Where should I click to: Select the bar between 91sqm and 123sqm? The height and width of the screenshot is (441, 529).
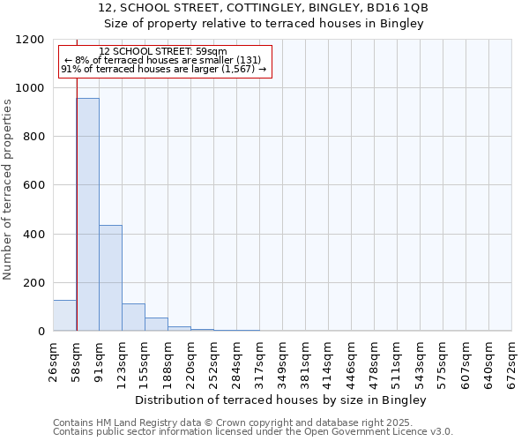coord(110,278)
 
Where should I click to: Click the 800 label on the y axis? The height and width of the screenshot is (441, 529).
coord(34,137)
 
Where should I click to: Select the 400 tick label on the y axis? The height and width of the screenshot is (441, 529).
coord(34,234)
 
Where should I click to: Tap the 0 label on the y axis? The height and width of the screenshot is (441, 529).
coord(41,332)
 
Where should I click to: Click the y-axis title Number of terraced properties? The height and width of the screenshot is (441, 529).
coord(8,190)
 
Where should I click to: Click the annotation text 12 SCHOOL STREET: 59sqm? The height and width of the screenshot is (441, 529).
coord(163,51)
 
